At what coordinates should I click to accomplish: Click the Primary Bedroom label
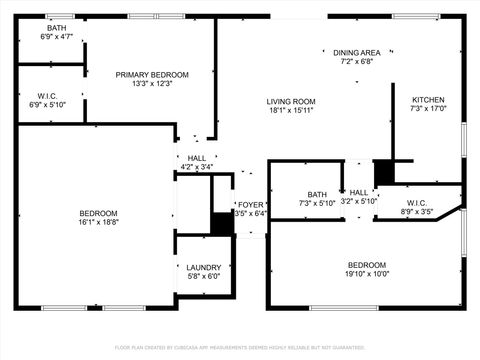pos(152,74)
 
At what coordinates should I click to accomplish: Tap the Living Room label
pos(291,101)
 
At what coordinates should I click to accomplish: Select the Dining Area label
pos(356,52)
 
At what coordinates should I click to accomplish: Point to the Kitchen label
pos(428,100)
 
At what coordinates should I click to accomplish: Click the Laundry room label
pos(203,267)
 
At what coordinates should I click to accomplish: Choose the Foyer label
pos(250,204)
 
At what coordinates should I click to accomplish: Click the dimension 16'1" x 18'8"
pos(99,223)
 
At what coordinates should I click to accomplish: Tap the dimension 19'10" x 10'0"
pos(367,274)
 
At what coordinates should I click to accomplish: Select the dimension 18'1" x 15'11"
pos(291,110)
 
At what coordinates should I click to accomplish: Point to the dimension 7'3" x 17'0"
pos(428,109)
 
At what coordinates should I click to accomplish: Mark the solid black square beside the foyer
pos(222,224)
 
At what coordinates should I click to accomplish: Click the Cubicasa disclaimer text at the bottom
pos(240,347)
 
